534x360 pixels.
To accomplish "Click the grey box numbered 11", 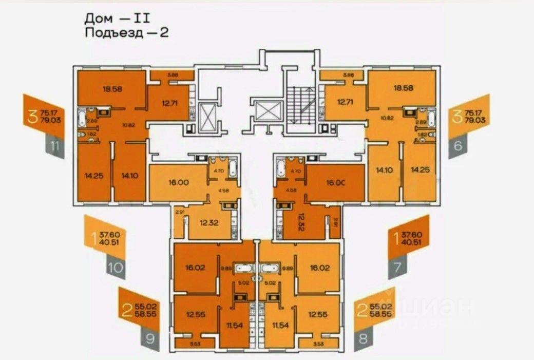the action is click(x=54, y=148).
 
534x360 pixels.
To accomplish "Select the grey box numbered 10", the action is click(x=116, y=267).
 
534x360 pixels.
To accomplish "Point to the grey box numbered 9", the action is click(x=149, y=338).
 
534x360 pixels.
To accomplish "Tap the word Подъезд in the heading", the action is click(x=112, y=33).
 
